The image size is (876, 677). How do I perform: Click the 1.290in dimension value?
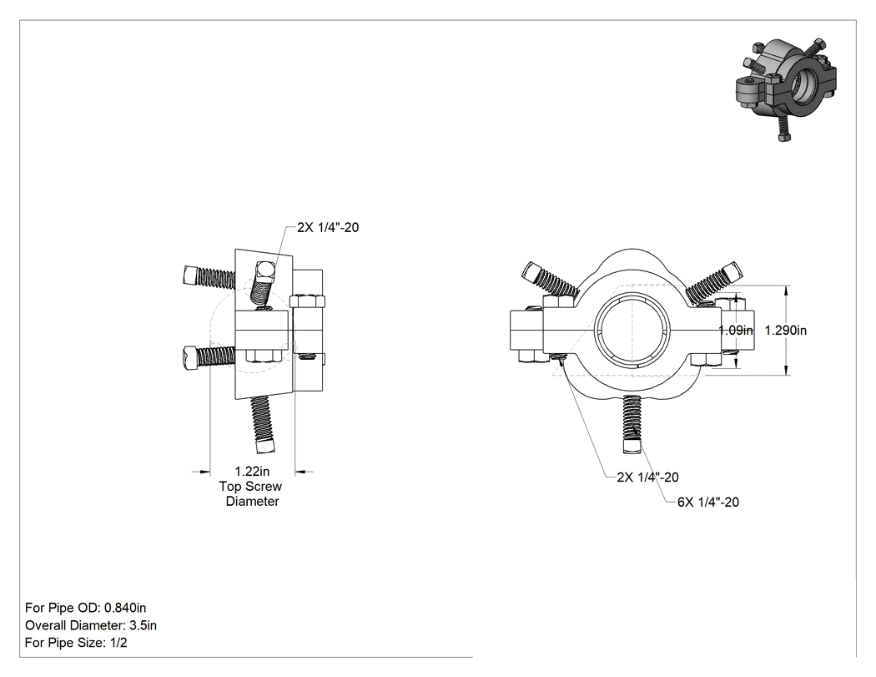pos(786,331)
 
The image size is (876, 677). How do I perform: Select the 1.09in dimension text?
pos(736,331)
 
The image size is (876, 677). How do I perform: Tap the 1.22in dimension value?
pos(252,472)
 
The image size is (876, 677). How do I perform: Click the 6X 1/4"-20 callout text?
pos(708,502)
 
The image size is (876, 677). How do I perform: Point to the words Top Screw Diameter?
pos(251,493)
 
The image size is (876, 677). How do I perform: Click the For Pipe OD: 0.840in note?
pos(85,608)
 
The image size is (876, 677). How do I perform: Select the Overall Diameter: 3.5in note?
pos(90,625)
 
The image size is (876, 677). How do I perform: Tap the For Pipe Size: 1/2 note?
pos(76,642)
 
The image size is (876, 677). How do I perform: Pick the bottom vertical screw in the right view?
pos(632,423)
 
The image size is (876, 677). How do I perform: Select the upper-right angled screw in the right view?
pos(714,281)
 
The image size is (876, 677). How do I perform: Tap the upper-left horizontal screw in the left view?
pos(209,275)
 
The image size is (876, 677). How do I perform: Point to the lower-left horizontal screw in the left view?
pos(209,356)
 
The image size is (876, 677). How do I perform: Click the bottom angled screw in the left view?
pos(261,424)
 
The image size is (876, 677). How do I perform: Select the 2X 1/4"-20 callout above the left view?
pos(328,228)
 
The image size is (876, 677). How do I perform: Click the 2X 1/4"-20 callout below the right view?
pos(648,477)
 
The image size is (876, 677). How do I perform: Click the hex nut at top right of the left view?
pos(308,301)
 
